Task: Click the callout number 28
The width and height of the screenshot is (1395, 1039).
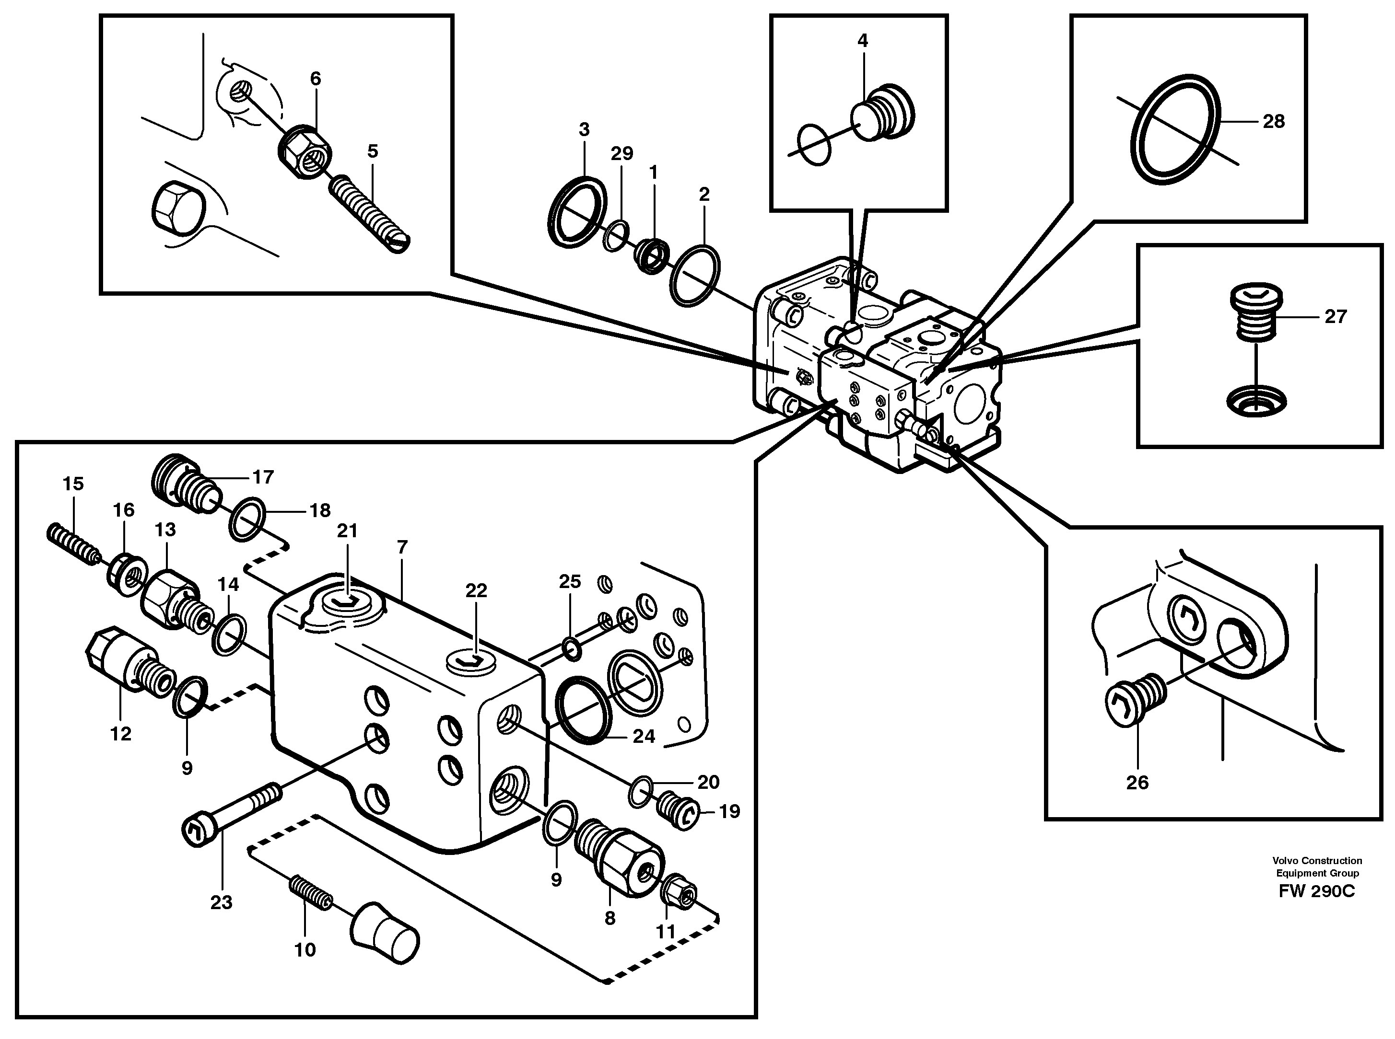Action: tap(1274, 121)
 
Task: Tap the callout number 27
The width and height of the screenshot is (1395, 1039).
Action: tap(1335, 316)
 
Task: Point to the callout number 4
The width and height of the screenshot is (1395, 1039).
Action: tap(863, 41)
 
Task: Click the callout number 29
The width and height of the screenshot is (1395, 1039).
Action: tap(621, 153)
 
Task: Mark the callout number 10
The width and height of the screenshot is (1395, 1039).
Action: tap(305, 950)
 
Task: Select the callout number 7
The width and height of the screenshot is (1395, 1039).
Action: tap(402, 547)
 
